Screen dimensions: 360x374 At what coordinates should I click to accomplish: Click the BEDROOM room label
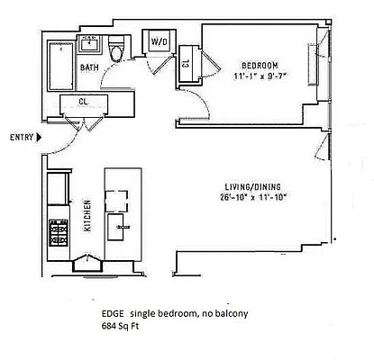[259, 64]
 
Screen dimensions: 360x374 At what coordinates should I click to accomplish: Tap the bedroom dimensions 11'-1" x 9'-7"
[259, 76]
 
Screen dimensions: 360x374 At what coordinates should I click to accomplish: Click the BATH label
[88, 67]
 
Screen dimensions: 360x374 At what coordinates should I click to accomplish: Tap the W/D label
[160, 41]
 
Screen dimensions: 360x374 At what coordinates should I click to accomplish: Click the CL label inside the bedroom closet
[186, 63]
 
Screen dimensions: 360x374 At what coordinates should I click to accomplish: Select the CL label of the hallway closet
[82, 102]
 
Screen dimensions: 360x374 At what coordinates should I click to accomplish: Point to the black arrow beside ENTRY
[39, 138]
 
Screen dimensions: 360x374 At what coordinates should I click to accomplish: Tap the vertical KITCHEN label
[87, 215]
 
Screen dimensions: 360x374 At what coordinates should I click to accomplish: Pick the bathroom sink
[91, 43]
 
